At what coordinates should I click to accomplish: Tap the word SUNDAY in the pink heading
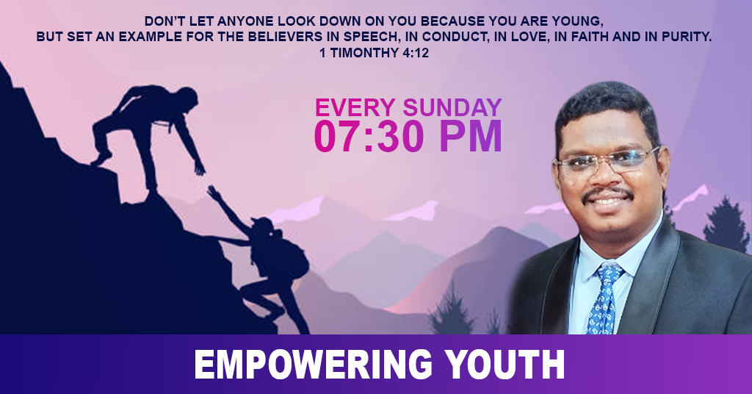[452, 107]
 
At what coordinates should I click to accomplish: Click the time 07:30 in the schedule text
[367, 137]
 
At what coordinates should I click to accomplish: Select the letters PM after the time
[471, 137]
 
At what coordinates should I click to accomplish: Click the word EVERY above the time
[355, 107]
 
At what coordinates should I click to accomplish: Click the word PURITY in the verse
[687, 37]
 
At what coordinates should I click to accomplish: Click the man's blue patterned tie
[604, 298]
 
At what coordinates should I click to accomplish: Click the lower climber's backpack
[291, 259]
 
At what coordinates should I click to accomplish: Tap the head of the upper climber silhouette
[187, 98]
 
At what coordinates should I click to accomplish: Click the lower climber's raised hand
[213, 192]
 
